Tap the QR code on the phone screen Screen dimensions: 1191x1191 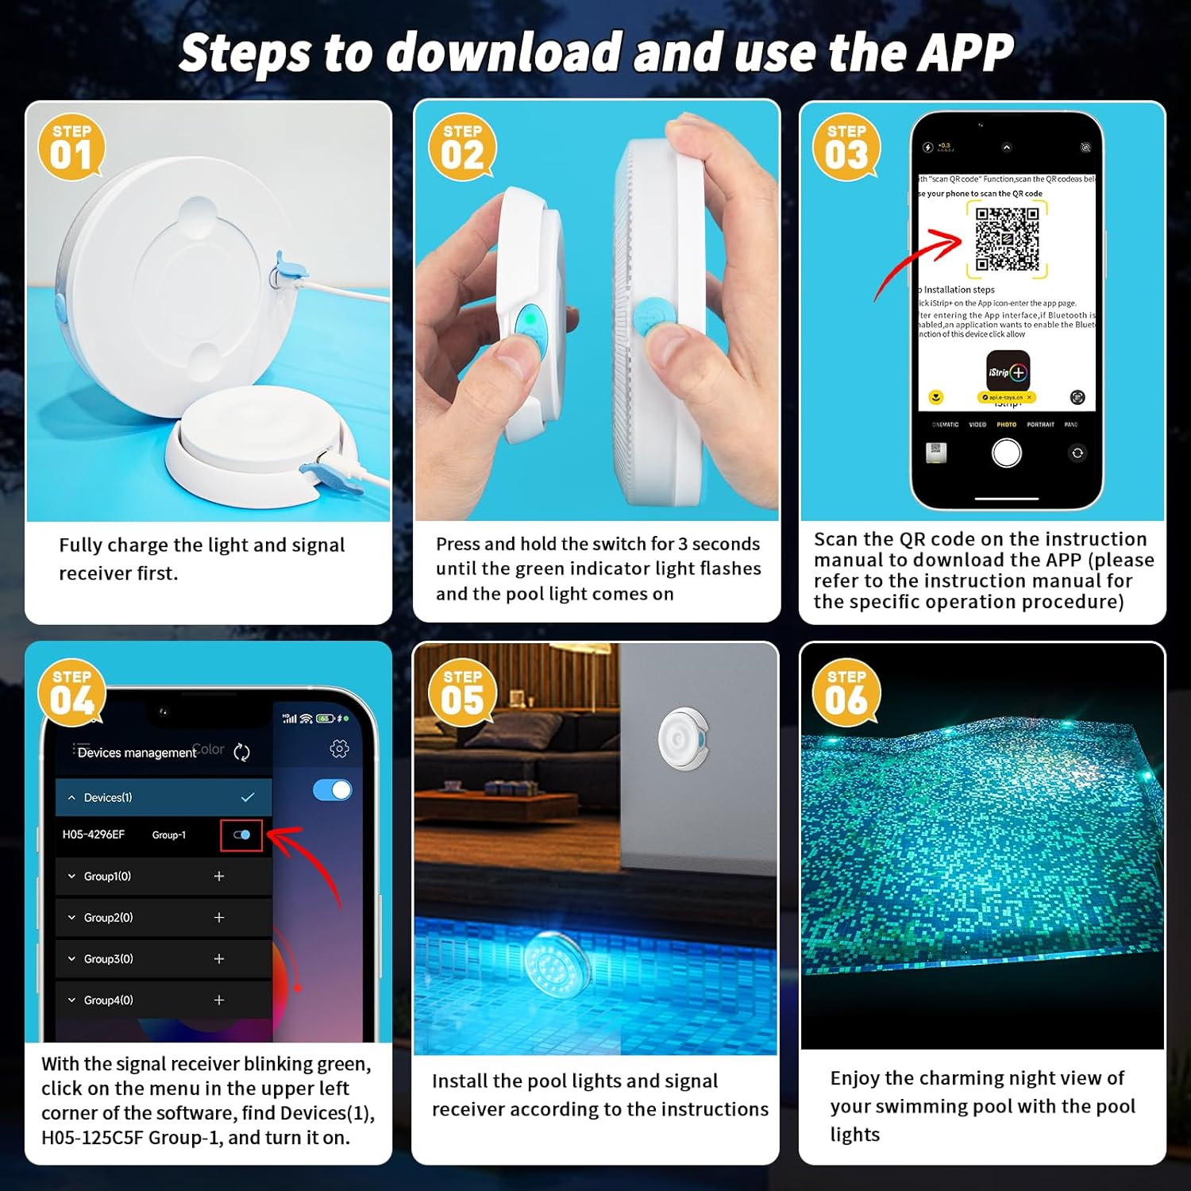(x=1007, y=238)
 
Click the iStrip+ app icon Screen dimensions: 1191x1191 (x=1008, y=371)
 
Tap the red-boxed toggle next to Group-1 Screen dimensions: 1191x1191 (x=241, y=834)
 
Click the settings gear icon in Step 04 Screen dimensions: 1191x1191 (x=339, y=749)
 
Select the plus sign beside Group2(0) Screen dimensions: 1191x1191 (x=219, y=917)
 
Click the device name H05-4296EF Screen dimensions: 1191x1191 (x=94, y=834)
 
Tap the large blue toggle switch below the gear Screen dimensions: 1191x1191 (x=333, y=790)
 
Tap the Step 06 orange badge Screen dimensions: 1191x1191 (x=846, y=693)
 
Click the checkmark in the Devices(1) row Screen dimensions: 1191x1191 (x=248, y=797)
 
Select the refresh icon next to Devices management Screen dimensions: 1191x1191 (x=242, y=752)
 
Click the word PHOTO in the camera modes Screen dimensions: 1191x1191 (x=1006, y=425)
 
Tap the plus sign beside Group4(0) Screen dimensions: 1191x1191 (x=219, y=1000)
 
